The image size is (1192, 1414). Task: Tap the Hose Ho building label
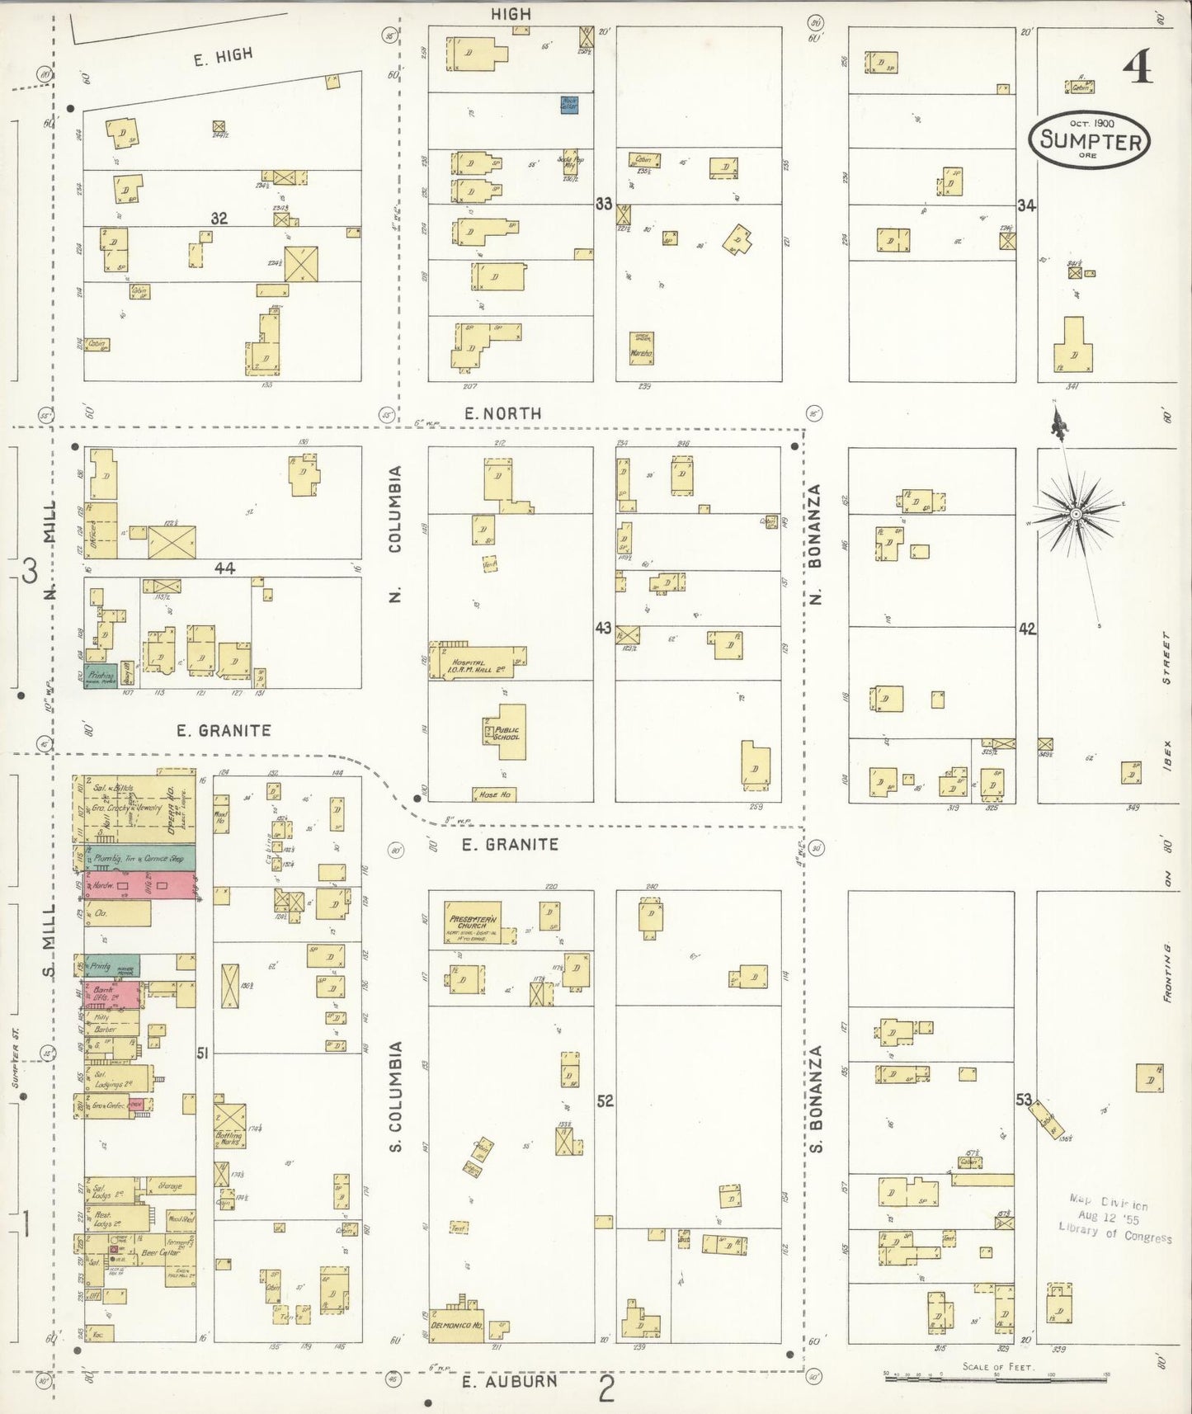495,794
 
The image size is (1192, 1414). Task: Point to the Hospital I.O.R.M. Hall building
477,663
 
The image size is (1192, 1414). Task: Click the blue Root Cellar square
569,104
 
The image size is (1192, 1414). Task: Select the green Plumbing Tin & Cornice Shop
139,858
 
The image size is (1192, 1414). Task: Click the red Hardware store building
139,885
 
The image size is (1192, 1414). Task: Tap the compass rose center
1076,514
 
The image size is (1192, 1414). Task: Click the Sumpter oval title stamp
1090,140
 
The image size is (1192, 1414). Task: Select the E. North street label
502,414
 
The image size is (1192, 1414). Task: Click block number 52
605,1101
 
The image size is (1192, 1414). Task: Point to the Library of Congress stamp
1114,1219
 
